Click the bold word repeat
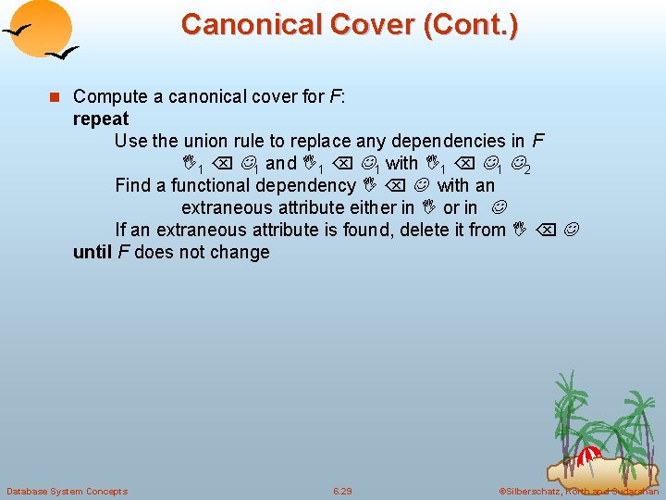point(101,119)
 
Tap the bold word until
point(93,252)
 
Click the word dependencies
point(448,141)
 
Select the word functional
point(216,185)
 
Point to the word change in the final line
point(239,252)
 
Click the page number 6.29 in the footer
point(341,491)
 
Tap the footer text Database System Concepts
point(67,491)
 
